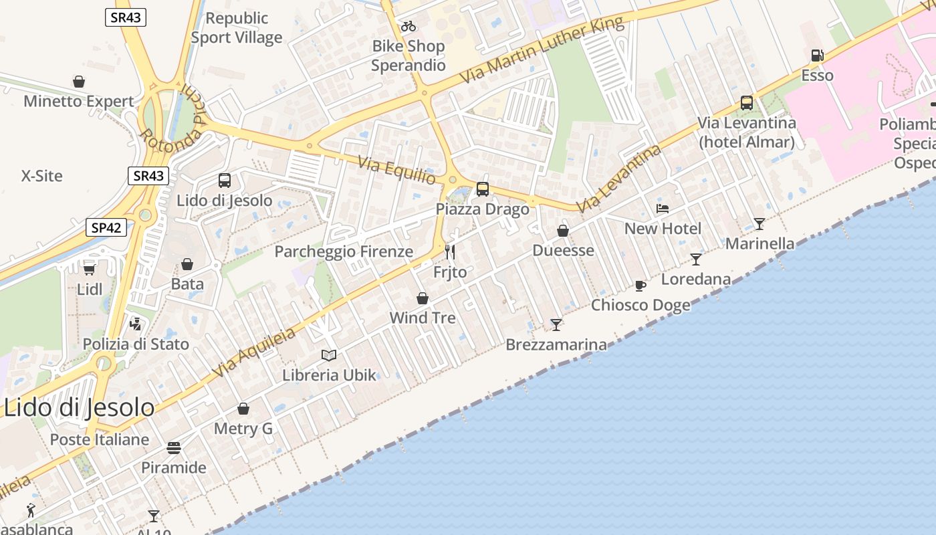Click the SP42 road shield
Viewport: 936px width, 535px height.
tap(106, 227)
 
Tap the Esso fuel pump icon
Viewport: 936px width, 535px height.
tap(816, 56)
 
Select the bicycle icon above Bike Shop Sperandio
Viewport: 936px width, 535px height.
tap(408, 27)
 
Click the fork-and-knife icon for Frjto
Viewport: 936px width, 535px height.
tap(450, 252)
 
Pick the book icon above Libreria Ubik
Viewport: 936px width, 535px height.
tap(329, 355)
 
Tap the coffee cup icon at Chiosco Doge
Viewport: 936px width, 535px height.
tap(640, 286)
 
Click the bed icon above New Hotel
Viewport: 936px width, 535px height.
tap(663, 209)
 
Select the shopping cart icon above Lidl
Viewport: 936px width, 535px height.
tap(89, 270)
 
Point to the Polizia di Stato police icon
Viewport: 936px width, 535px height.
tap(136, 324)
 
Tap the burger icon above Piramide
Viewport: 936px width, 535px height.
tap(174, 447)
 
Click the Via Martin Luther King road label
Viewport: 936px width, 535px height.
tap(542, 50)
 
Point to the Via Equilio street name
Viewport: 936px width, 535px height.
tap(396, 171)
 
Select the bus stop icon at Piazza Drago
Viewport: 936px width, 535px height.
tap(483, 189)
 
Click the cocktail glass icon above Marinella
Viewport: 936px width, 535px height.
tap(759, 223)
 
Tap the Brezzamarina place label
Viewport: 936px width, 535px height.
tap(556, 345)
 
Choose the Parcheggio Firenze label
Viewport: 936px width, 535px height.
tap(344, 251)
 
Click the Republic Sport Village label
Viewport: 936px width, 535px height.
tap(237, 27)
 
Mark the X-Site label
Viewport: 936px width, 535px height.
tap(41, 176)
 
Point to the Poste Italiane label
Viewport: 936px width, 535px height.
tap(100, 439)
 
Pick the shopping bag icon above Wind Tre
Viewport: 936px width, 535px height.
tap(423, 298)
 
